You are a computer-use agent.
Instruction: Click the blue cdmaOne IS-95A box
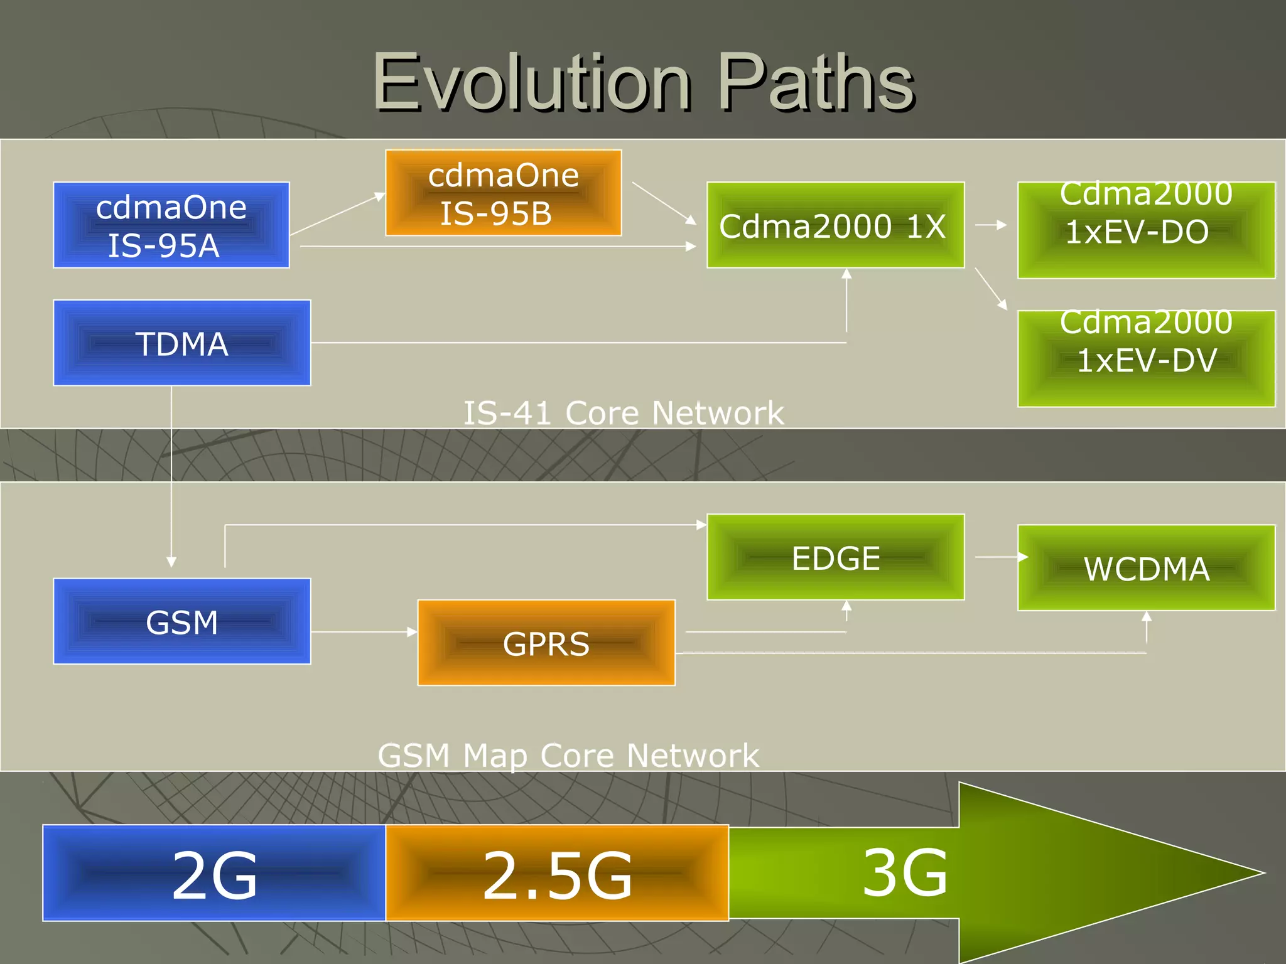(171, 225)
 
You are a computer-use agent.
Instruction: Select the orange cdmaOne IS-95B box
(503, 193)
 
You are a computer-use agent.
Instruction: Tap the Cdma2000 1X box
(835, 225)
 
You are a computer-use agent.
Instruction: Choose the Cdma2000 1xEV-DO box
(1146, 230)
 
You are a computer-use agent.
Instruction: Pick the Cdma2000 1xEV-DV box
(1146, 358)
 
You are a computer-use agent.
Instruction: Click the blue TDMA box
(182, 343)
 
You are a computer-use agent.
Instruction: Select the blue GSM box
(182, 621)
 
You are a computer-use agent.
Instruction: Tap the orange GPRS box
(546, 643)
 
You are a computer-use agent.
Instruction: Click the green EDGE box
(835, 557)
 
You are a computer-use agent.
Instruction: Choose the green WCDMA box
(1146, 568)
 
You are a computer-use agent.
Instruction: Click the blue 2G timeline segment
(214, 873)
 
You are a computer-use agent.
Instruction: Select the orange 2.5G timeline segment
(557, 873)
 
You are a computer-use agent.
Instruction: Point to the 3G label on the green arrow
(904, 872)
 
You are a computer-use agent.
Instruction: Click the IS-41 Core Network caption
(624, 413)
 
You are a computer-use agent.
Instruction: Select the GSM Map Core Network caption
(568, 755)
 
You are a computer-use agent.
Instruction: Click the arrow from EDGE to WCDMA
(1001, 557)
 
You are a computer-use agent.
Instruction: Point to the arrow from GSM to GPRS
(364, 632)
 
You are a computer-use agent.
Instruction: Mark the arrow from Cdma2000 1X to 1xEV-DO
(991, 225)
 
